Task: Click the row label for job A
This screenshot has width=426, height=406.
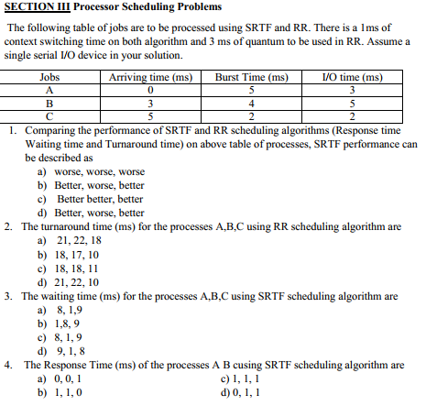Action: (49, 90)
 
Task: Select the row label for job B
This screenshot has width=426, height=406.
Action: (49, 103)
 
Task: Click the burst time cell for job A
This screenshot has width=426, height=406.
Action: (250, 90)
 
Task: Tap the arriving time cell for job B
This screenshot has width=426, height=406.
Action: (148, 103)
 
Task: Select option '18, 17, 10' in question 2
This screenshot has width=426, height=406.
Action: (77, 254)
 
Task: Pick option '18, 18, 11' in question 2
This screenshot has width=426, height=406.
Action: (77, 269)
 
